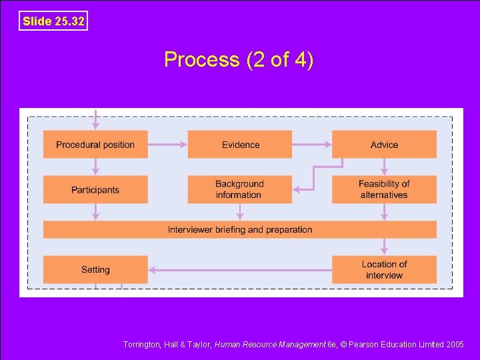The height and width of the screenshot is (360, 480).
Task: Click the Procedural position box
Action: tap(95, 145)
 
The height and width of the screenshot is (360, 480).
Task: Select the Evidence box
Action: tap(240, 145)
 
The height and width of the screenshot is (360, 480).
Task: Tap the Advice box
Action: tap(384, 145)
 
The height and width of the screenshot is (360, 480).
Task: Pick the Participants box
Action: tap(95, 190)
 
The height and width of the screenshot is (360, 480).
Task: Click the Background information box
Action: tap(240, 189)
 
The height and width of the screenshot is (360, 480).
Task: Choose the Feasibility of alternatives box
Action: tap(384, 189)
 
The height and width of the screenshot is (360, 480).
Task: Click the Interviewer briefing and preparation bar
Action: tap(240, 229)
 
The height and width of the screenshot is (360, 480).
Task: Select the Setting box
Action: tap(95, 269)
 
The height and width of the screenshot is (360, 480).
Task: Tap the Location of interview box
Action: tap(384, 269)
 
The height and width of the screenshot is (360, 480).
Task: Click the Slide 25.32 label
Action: tap(53, 21)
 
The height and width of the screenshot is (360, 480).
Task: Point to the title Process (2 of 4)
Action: tap(239, 60)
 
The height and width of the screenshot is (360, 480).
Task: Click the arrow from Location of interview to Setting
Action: tap(239, 270)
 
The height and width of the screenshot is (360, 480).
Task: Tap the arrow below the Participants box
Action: tap(95, 212)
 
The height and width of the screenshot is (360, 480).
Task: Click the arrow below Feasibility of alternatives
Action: tap(384, 212)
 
